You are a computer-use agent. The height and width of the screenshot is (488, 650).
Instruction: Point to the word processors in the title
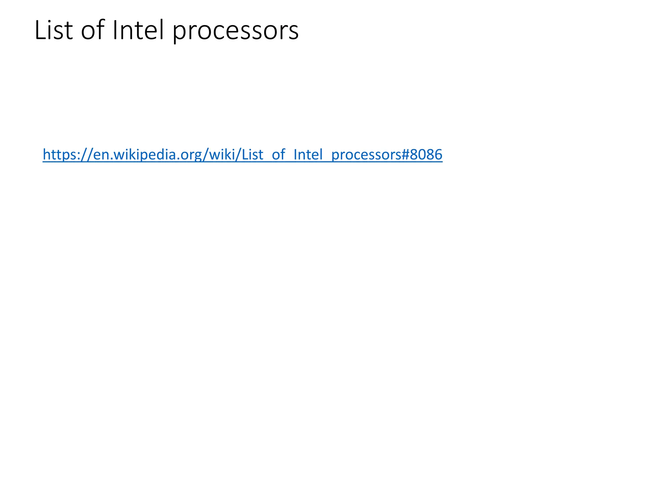pyautogui.click(x=235, y=32)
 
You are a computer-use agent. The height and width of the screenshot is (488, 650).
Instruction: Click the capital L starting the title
pyautogui.click(x=39, y=30)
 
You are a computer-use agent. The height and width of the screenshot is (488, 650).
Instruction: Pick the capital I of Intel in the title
pyautogui.click(x=115, y=30)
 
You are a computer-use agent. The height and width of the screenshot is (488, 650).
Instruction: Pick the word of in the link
pyautogui.click(x=278, y=155)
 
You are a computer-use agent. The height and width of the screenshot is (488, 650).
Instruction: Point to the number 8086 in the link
pyautogui.click(x=426, y=155)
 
